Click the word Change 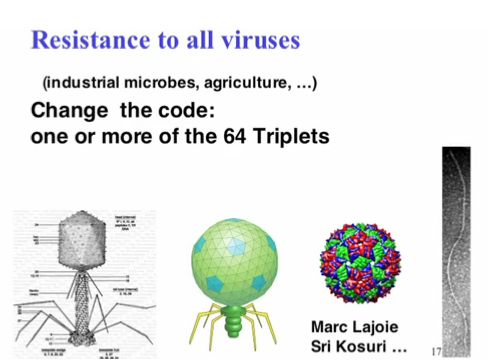point(70,110)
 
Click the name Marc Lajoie point(359,326)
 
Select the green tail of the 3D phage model point(236,319)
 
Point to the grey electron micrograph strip point(461,250)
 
